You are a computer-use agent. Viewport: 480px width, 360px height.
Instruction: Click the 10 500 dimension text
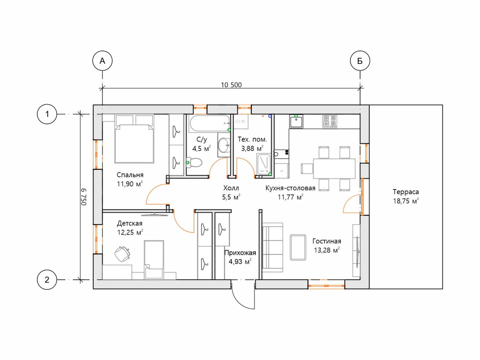(231, 85)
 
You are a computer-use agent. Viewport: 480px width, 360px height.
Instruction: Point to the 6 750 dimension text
(84, 197)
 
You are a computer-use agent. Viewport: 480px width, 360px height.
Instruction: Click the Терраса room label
(406, 192)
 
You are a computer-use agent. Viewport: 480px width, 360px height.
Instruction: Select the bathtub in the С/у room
(209, 123)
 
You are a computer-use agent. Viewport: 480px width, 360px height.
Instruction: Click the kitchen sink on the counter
(296, 121)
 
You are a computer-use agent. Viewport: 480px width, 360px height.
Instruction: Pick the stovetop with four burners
(330, 121)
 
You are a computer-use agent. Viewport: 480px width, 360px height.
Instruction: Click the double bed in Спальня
(134, 139)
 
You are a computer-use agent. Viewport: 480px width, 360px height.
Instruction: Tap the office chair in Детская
(122, 254)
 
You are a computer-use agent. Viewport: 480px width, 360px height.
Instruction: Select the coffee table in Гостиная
(298, 247)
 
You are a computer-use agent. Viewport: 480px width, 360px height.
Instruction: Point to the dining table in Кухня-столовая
(334, 169)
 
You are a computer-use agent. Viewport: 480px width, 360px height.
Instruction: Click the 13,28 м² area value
(327, 250)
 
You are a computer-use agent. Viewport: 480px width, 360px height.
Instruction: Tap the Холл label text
(231, 188)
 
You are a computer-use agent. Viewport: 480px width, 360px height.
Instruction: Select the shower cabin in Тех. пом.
(264, 164)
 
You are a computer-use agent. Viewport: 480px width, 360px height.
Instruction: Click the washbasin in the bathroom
(224, 145)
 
